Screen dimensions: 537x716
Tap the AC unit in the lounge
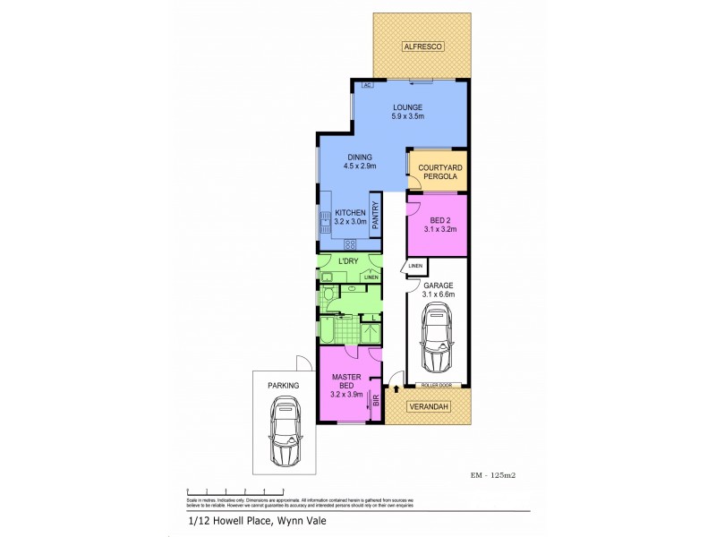pyautogui.click(x=367, y=85)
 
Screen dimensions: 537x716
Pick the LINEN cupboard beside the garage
pyautogui.click(x=415, y=267)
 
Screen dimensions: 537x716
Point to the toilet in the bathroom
pyautogui.click(x=328, y=294)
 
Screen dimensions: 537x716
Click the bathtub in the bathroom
pyautogui.click(x=330, y=330)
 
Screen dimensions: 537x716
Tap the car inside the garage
pyautogui.click(x=438, y=337)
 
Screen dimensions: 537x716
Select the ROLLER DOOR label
pyautogui.click(x=439, y=385)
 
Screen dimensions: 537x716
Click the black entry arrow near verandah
pyautogui.click(x=397, y=391)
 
